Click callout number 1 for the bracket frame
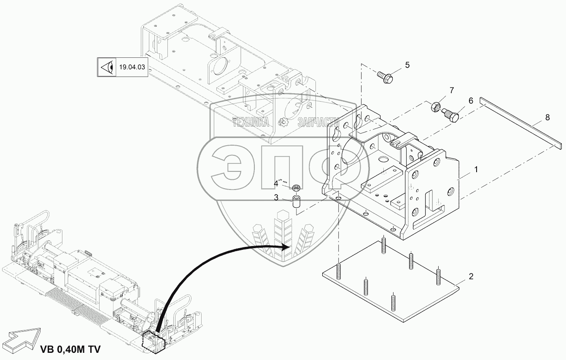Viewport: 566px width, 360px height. click(x=476, y=170)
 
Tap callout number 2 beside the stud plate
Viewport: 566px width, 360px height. click(x=471, y=277)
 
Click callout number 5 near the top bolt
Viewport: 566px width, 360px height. click(x=407, y=65)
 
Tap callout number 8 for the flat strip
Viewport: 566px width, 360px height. click(x=547, y=118)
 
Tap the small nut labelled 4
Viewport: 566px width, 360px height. click(x=296, y=187)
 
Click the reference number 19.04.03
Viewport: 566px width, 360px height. click(x=132, y=67)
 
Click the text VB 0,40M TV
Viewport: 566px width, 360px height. click(x=70, y=350)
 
